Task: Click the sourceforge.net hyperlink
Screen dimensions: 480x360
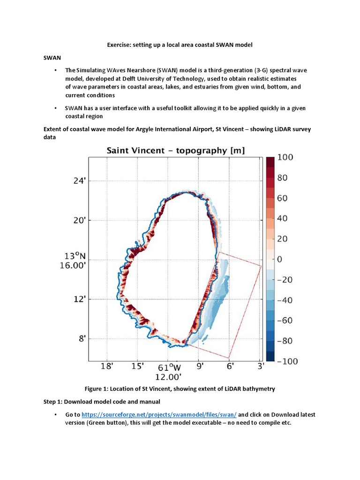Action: click(159, 415)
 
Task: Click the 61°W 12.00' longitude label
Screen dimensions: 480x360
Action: click(169, 372)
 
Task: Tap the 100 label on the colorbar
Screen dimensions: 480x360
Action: click(285, 157)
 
